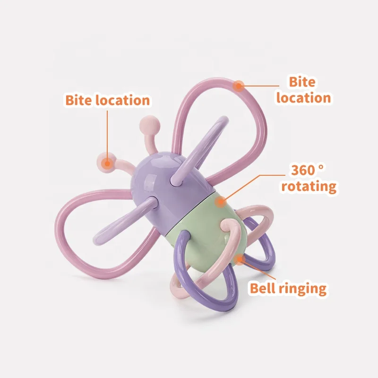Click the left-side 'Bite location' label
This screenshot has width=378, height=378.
[107, 100]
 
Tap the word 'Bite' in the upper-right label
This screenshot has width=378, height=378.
[302, 82]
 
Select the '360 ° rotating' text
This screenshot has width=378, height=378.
[309, 178]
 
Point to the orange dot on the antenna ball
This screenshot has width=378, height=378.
[108, 163]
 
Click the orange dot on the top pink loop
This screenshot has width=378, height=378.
[239, 86]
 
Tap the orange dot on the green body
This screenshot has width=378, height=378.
[219, 202]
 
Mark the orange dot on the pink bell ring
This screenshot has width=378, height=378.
[241, 258]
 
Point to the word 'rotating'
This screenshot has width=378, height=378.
[309, 186]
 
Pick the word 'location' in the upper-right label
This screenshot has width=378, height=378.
[303, 98]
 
